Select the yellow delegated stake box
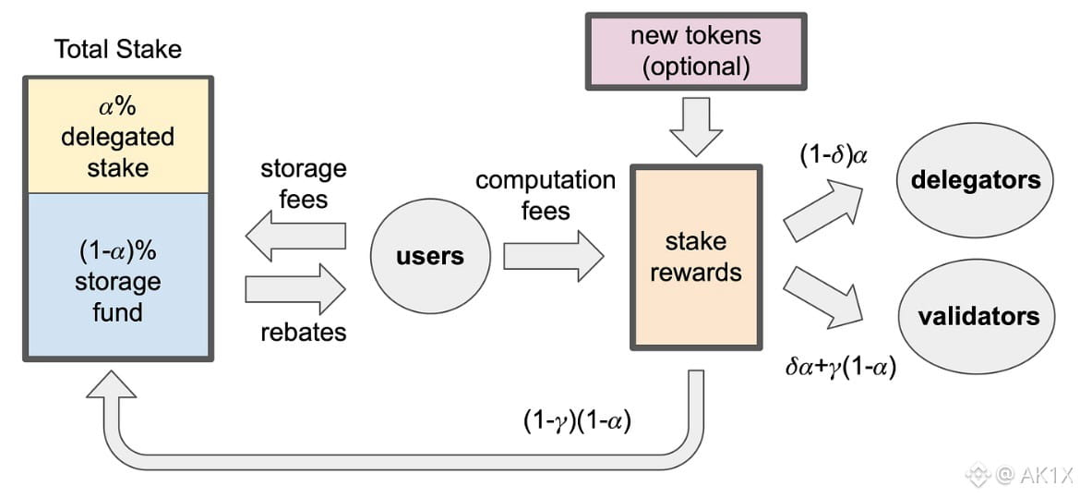point(117,137)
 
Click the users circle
point(429,255)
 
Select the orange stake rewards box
point(696,258)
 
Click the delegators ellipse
point(975,179)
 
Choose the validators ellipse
point(978,317)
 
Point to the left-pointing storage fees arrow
point(295,237)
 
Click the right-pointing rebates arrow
point(295,289)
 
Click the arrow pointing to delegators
point(822,212)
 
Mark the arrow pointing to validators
point(822,297)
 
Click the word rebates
point(303,332)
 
